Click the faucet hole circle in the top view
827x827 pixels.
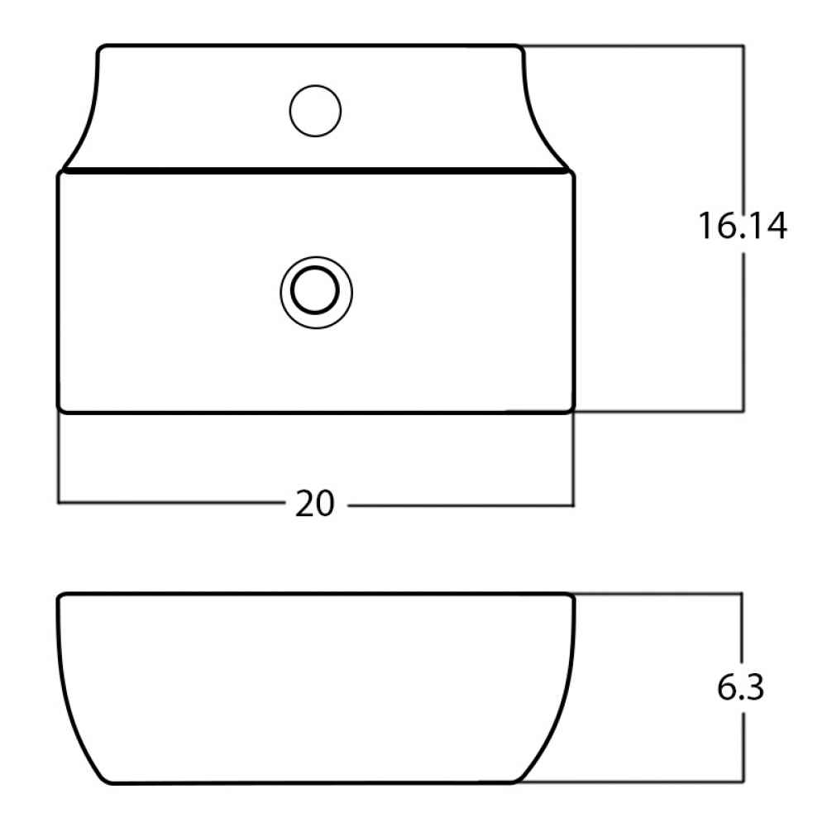315,85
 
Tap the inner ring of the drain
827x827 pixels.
315,267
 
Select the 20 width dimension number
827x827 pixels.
315,504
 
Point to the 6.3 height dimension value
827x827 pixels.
740,687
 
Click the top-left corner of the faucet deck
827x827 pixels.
99,47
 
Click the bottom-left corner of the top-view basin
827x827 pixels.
59,410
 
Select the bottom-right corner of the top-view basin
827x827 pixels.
573,410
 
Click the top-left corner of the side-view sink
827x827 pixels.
59,595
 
